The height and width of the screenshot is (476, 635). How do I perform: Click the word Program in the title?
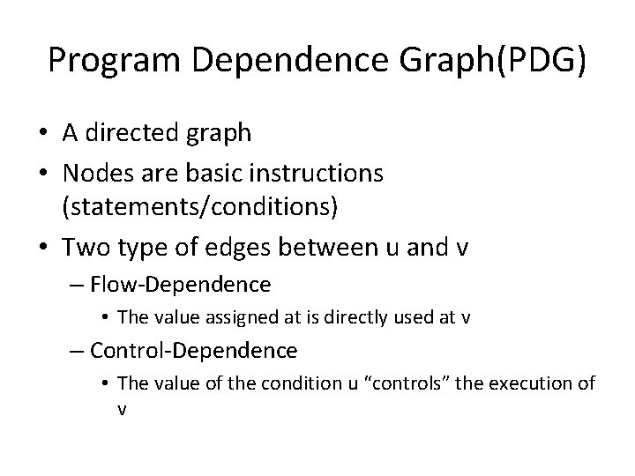[109, 61]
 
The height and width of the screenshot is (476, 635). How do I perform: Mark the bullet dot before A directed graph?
[43, 135]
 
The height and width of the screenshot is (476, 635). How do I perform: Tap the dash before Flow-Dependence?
[77, 285]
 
